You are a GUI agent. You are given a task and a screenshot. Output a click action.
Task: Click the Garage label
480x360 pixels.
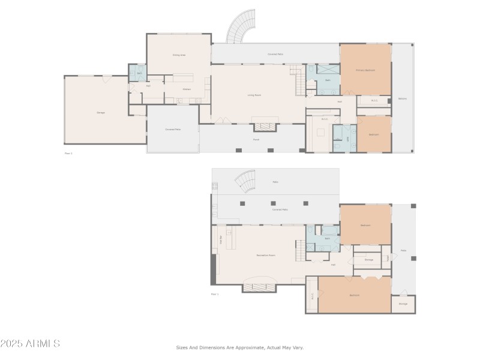[x=100, y=113]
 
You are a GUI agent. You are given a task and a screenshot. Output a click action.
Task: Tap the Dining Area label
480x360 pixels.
[x=179, y=55]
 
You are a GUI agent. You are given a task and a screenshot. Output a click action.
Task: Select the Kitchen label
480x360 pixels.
[x=187, y=89]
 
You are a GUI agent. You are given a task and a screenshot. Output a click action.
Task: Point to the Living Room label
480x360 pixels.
[x=254, y=95]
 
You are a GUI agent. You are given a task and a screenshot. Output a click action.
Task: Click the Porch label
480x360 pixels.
[x=256, y=139]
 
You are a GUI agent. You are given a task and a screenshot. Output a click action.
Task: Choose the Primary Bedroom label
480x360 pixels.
[x=365, y=70]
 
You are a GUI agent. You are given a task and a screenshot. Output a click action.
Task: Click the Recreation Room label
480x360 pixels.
[x=265, y=255]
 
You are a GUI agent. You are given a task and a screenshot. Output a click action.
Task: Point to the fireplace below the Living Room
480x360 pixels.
[x=265, y=127]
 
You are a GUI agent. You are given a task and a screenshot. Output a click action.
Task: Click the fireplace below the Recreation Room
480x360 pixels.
[x=259, y=287]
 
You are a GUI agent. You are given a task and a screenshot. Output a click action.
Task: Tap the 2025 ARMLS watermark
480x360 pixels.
[x=30, y=344]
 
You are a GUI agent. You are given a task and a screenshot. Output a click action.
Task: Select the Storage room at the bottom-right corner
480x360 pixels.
[x=403, y=304]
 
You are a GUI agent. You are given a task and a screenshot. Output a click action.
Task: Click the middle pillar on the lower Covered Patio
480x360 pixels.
[x=274, y=203]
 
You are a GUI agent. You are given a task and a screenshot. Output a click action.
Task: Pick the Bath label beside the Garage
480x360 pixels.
[x=139, y=73]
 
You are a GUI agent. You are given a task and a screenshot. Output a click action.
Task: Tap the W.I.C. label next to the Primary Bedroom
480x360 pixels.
[x=374, y=100]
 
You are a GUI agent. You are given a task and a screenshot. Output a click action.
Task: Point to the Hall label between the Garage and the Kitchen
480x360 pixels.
[x=148, y=86]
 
